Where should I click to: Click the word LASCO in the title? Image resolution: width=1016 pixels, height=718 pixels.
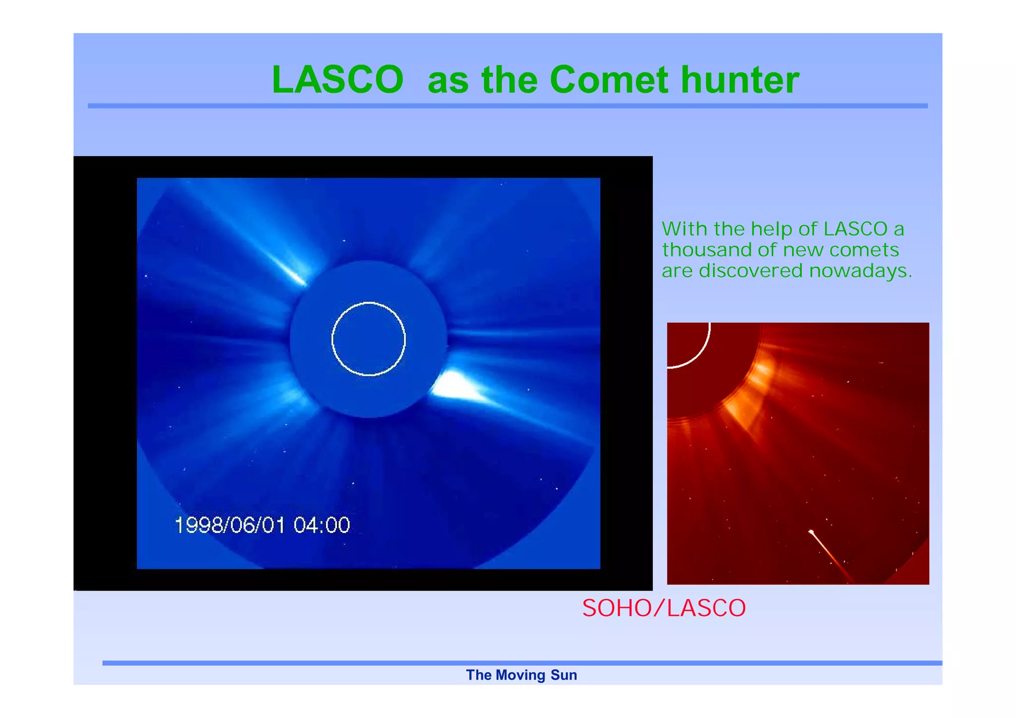click(x=337, y=80)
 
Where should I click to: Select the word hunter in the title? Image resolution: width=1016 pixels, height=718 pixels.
click(x=740, y=80)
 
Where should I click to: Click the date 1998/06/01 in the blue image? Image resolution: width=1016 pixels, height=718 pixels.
click(x=230, y=525)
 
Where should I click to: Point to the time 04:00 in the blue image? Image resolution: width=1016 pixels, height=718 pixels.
click(x=321, y=525)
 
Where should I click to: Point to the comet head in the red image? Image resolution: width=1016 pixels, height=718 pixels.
click(x=812, y=533)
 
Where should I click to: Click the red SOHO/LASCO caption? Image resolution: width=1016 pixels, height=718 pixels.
click(x=664, y=608)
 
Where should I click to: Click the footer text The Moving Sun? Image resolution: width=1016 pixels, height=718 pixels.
click(x=521, y=675)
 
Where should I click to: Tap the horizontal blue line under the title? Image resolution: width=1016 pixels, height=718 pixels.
click(x=508, y=106)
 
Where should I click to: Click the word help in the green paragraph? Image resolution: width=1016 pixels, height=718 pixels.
click(x=772, y=229)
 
